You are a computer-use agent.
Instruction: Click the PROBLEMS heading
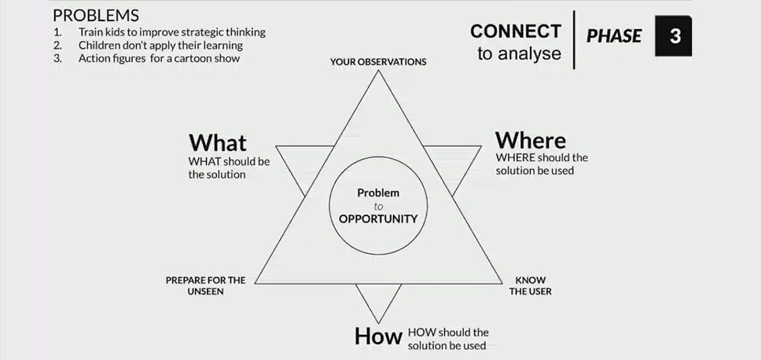pyautogui.click(x=95, y=16)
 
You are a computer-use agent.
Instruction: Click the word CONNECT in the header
pyautogui.click(x=516, y=31)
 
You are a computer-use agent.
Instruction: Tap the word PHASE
pyautogui.click(x=614, y=36)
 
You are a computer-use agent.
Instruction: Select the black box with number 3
pyautogui.click(x=674, y=36)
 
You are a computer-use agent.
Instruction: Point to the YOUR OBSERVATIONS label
pyautogui.click(x=378, y=61)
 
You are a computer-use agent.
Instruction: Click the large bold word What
pyautogui.click(x=218, y=142)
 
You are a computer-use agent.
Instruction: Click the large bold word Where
pyautogui.click(x=530, y=140)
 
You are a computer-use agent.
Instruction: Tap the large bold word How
pyautogui.click(x=378, y=336)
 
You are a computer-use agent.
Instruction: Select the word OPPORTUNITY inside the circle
pyautogui.click(x=377, y=219)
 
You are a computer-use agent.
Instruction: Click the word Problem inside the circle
pyautogui.click(x=378, y=193)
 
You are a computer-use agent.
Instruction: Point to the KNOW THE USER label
pyautogui.click(x=530, y=285)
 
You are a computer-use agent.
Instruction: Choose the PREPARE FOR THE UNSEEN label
pyautogui.click(x=206, y=285)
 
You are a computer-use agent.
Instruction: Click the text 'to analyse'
pyautogui.click(x=519, y=54)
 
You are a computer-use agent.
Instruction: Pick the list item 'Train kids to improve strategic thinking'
pyautogui.click(x=171, y=32)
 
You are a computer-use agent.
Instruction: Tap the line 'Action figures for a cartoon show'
pyautogui.click(x=159, y=57)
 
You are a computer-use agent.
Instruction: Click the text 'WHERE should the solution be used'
pyautogui.click(x=541, y=163)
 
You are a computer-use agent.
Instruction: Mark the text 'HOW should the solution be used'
pyautogui.click(x=447, y=339)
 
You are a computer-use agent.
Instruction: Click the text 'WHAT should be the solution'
pyautogui.click(x=229, y=167)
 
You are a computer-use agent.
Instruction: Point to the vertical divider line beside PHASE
pyautogui.click(x=574, y=39)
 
